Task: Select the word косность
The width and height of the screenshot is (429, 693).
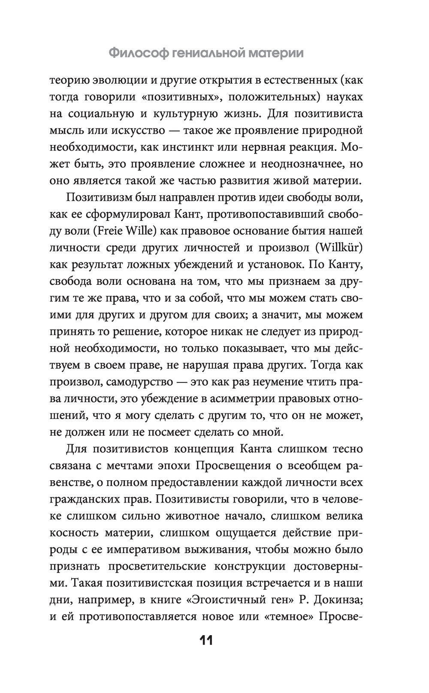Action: [x=73, y=533]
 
